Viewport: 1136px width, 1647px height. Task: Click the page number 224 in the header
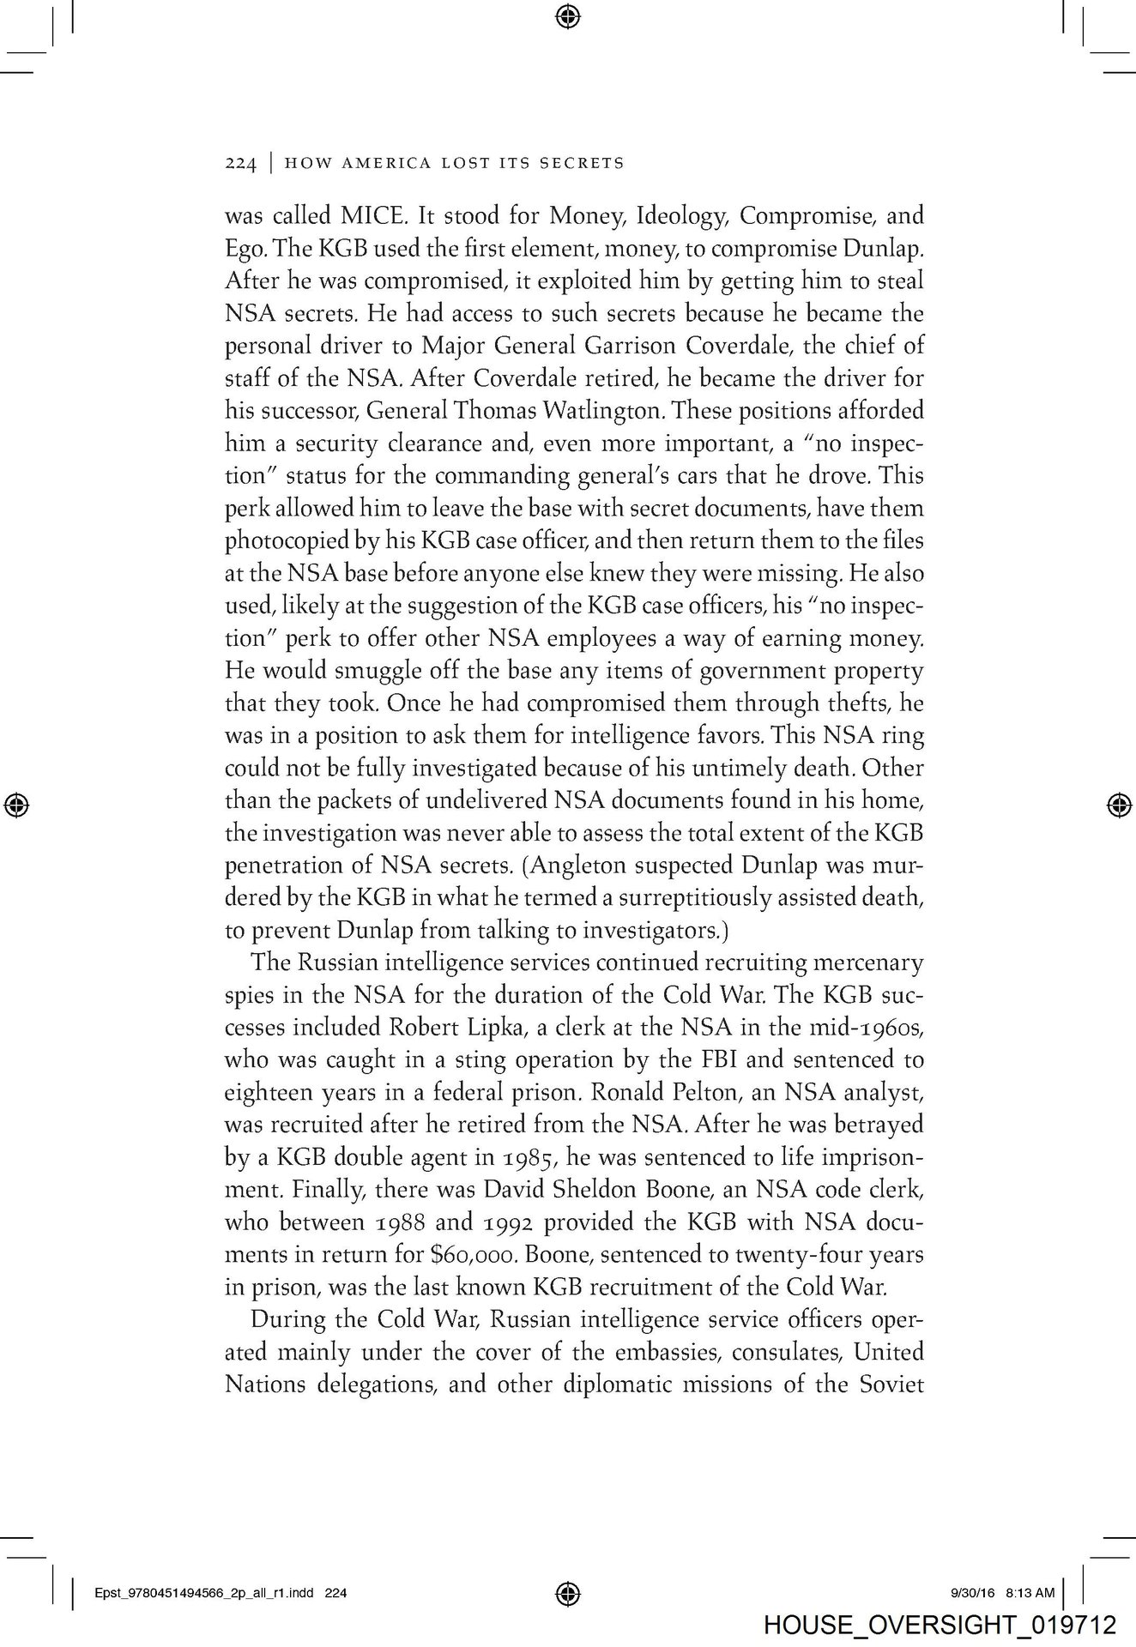240,163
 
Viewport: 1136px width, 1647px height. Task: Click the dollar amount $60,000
470,1255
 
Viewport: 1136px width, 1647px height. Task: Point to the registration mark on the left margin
16,805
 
